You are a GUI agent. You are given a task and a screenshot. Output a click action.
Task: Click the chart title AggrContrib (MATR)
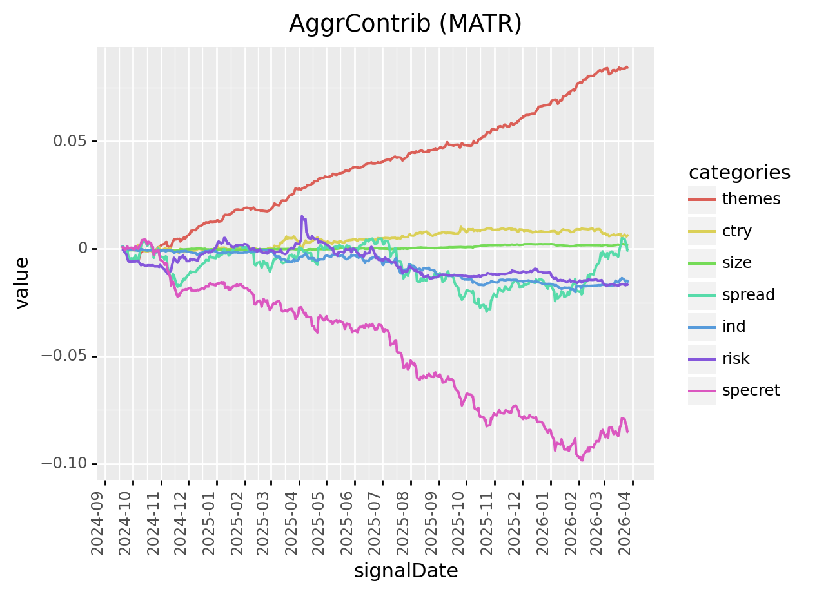405,24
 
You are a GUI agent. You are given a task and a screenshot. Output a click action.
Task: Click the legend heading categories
740,173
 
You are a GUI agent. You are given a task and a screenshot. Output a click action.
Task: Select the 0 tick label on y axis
83,249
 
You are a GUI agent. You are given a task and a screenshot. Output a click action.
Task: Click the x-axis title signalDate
406,571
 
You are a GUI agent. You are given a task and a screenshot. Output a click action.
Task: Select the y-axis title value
22,283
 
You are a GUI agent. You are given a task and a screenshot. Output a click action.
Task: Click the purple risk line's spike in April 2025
301,217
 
